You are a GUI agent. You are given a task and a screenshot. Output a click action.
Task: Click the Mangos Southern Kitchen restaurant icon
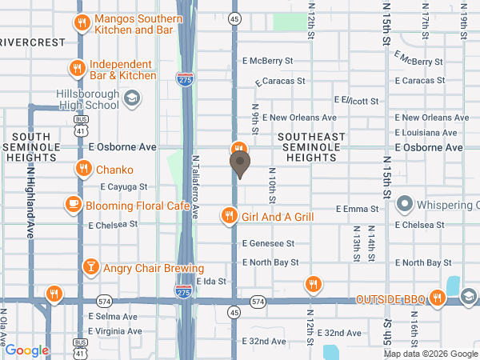(81, 23)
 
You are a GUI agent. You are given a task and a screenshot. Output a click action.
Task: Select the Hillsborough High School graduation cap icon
(132, 98)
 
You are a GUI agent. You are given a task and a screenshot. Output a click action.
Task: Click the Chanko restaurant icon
(82, 169)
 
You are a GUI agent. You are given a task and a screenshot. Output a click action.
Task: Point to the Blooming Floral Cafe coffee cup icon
(74, 204)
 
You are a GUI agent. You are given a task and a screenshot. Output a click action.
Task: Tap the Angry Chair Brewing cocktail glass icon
(90, 267)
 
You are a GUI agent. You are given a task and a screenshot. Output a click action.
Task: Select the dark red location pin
(239, 164)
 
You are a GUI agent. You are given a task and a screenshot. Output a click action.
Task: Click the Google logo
(27, 350)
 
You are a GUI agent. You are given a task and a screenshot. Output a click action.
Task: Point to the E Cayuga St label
(124, 186)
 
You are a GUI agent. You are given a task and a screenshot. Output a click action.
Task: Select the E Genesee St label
(268, 243)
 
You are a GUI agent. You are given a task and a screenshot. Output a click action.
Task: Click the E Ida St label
(212, 282)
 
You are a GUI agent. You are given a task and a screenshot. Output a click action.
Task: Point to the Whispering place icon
(404, 204)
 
